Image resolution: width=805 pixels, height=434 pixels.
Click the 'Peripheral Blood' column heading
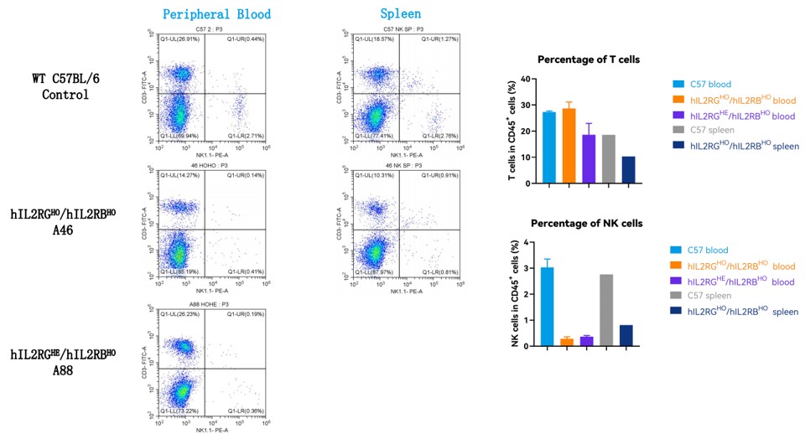coord(216,14)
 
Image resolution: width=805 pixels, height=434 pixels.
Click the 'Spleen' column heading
coord(400,14)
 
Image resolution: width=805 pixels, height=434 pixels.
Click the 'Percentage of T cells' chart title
coord(589,60)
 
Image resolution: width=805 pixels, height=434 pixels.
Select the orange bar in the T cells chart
coord(569,146)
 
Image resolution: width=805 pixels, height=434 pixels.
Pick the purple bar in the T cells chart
coord(589,158)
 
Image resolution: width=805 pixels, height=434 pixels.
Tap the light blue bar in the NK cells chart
coord(547,307)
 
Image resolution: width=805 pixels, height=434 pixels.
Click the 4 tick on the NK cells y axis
coord(526,243)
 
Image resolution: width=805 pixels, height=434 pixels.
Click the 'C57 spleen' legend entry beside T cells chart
coord(713,130)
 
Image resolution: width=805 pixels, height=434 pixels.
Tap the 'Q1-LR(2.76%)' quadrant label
coord(441,135)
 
